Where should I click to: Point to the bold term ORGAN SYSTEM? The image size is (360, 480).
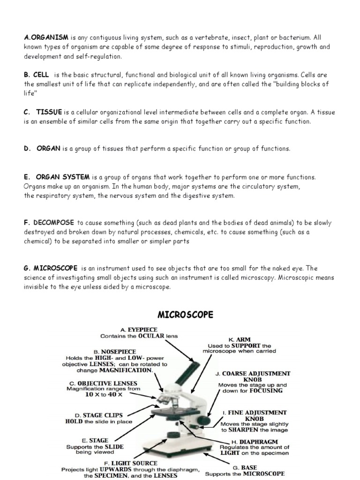coord(62,177)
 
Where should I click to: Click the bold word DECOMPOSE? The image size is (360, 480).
coord(54,222)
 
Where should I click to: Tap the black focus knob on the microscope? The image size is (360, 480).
coord(204,420)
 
